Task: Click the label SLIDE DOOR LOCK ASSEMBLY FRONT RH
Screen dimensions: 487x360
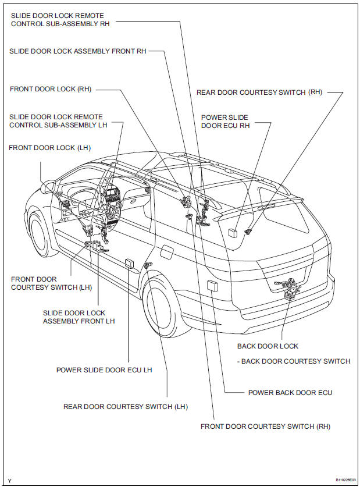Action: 77,51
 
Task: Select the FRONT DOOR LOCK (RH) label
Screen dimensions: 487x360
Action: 51,89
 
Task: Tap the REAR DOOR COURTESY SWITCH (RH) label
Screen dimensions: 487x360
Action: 259,92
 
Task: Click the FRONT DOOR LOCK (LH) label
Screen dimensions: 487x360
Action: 50,148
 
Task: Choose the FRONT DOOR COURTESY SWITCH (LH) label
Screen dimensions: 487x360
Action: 44,283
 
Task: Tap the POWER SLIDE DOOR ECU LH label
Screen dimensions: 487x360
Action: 104,369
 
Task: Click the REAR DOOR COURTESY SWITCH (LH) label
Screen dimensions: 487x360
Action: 125,407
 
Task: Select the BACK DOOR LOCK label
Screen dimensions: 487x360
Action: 268,346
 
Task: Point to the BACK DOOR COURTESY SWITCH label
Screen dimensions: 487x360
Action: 295,361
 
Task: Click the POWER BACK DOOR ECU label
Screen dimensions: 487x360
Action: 290,393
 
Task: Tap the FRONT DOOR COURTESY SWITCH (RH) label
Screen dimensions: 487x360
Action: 265,426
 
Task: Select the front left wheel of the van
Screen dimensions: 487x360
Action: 41,234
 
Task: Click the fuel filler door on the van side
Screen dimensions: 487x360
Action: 165,252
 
